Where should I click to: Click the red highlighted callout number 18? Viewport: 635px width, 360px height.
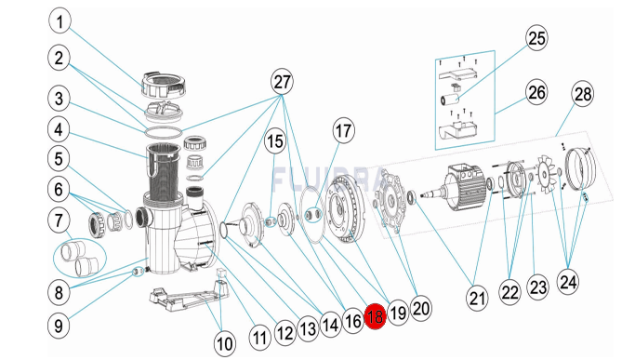(x=375, y=316)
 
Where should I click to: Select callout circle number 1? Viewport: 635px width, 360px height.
(x=60, y=21)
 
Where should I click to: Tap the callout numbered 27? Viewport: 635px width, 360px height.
(x=282, y=82)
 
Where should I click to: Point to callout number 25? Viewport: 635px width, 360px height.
(x=537, y=38)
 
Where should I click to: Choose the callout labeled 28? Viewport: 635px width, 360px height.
(x=583, y=94)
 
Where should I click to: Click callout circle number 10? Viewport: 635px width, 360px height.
(x=224, y=343)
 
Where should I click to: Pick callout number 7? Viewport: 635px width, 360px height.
(x=60, y=221)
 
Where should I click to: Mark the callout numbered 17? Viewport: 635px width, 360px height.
(x=343, y=131)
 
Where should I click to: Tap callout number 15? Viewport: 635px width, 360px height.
(x=275, y=142)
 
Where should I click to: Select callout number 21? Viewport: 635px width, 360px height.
(x=477, y=298)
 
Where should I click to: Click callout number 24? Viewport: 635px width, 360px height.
(x=568, y=281)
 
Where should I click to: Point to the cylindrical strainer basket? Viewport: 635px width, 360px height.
(x=162, y=173)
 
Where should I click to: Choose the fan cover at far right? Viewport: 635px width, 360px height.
(x=581, y=169)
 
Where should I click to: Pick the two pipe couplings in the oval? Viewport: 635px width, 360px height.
(x=80, y=257)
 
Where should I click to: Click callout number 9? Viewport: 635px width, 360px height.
(x=60, y=326)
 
